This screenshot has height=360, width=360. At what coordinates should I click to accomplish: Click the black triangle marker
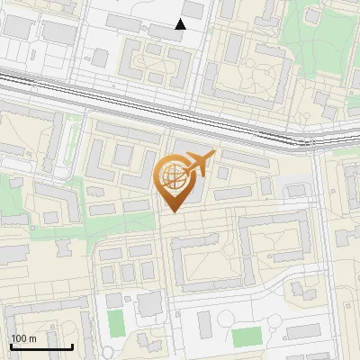click(181, 24)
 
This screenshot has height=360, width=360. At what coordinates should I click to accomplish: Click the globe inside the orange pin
click(173, 175)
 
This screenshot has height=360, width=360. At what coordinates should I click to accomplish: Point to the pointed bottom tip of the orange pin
click(173, 211)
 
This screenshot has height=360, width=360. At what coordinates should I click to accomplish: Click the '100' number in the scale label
click(19, 338)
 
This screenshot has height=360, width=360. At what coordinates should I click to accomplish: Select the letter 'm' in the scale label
click(32, 338)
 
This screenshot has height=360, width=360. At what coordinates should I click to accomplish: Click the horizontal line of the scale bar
click(40, 346)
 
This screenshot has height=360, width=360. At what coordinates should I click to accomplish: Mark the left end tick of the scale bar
click(11, 345)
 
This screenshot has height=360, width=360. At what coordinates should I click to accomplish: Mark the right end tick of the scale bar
click(71, 345)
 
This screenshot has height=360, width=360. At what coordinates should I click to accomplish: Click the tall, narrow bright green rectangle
click(115, 323)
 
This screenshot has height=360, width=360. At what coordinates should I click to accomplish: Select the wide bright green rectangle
click(246, 337)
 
